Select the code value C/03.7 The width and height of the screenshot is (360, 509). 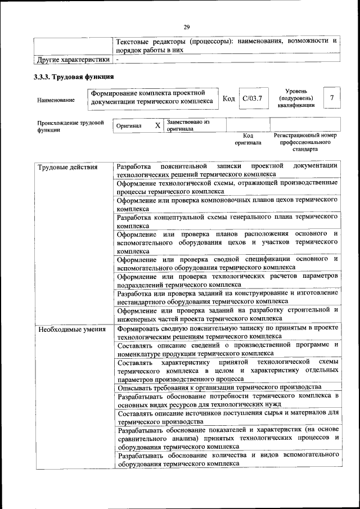click(x=252, y=99)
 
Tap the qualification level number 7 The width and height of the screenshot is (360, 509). click(x=332, y=98)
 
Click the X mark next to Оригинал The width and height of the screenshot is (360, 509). click(x=157, y=126)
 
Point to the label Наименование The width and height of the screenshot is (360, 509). click(x=56, y=100)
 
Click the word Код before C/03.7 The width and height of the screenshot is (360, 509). click(x=228, y=99)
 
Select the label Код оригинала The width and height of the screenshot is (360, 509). click(x=248, y=139)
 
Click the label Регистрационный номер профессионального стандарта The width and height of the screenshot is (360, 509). click(x=305, y=142)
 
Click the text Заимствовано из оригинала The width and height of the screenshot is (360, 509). click(x=188, y=125)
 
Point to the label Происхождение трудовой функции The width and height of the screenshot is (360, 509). click(x=71, y=126)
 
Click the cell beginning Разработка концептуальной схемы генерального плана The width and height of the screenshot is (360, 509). click(x=227, y=221)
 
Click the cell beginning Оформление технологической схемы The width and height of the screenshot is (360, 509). click(x=227, y=187)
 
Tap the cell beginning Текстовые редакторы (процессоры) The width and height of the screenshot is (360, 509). click(x=227, y=46)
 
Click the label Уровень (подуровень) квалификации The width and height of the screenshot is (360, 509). click(x=295, y=97)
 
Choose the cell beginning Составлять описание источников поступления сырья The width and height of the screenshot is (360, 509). click(x=227, y=417)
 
